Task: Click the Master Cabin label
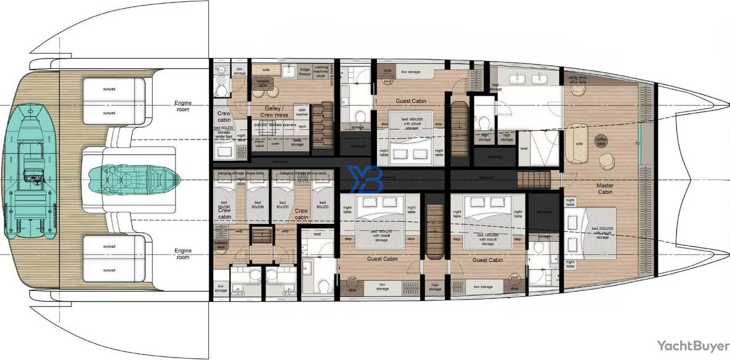point(604,188)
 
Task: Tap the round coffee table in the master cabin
point(601,141)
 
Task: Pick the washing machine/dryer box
point(320,72)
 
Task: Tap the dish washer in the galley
point(301,112)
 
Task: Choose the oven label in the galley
point(275,144)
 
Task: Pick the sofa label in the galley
point(257,70)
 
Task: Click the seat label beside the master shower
point(524,148)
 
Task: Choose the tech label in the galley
point(302,126)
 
